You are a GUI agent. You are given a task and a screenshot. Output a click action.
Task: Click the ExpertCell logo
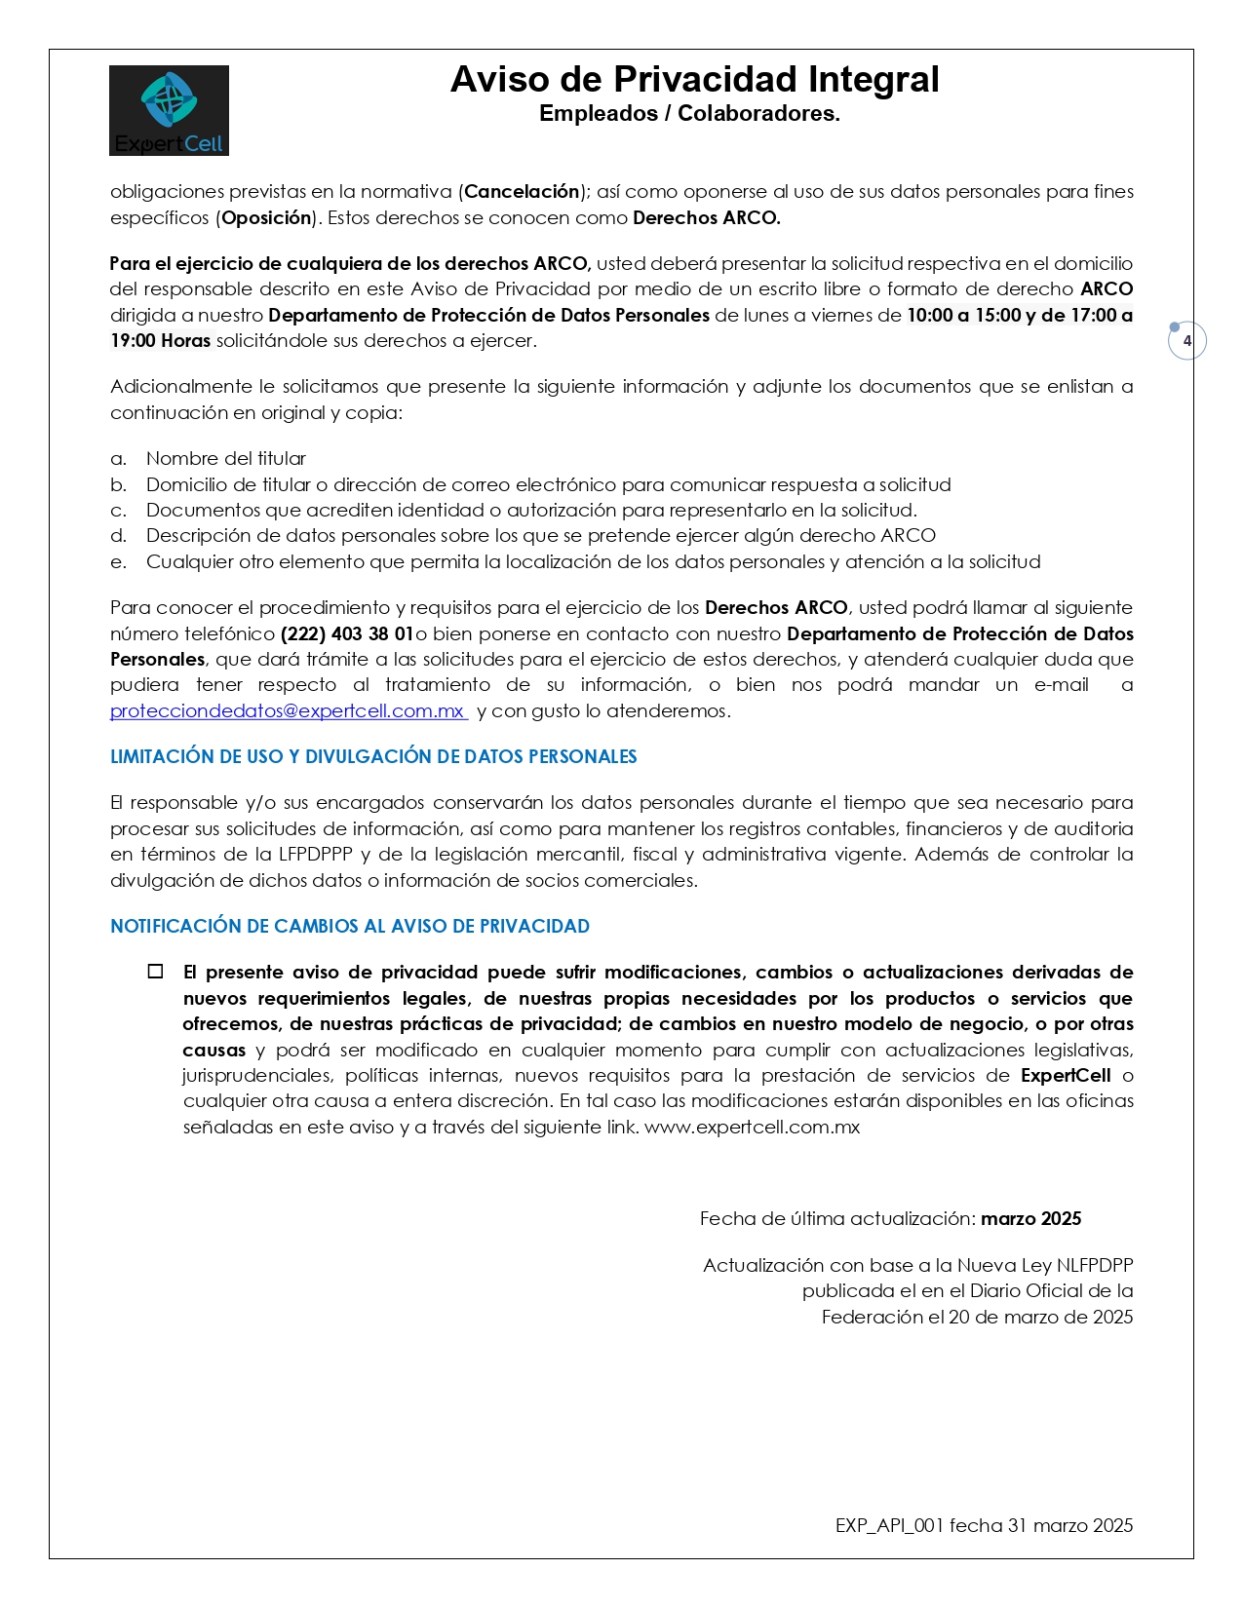click(169, 110)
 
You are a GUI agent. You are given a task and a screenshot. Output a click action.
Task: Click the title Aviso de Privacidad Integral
click(694, 80)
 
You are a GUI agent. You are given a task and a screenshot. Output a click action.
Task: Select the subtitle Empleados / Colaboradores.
click(689, 114)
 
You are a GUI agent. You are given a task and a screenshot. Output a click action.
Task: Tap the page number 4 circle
click(1186, 341)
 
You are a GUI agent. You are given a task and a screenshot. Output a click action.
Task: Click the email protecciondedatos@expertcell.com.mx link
click(288, 711)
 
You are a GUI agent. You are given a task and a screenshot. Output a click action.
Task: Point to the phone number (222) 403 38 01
click(347, 634)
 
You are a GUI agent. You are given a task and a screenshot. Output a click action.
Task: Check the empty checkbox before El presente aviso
click(156, 972)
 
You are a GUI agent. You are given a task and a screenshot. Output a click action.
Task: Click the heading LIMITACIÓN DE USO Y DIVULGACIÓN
click(373, 757)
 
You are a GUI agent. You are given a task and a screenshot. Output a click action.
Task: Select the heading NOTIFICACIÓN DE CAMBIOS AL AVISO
click(350, 927)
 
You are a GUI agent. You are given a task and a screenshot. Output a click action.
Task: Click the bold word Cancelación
click(522, 192)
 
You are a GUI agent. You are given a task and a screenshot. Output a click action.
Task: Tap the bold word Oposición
click(266, 218)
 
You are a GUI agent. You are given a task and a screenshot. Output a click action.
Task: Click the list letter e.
click(118, 562)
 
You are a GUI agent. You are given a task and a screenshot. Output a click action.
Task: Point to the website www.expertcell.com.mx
click(752, 1128)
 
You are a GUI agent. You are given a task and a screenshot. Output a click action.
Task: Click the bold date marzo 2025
click(1030, 1219)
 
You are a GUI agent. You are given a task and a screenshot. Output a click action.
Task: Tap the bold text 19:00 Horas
click(160, 341)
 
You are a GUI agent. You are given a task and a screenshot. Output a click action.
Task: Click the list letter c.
click(118, 511)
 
